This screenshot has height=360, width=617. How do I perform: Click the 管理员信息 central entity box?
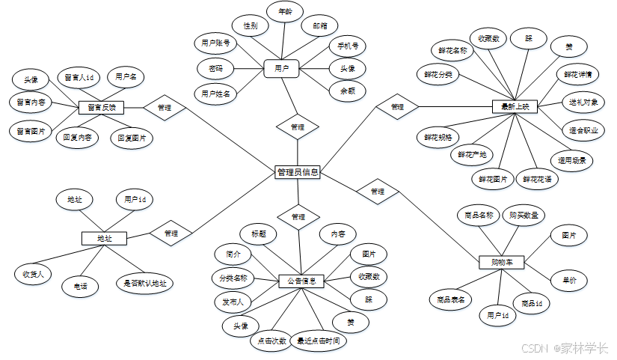[x=298, y=172]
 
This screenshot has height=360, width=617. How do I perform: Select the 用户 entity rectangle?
[x=281, y=68]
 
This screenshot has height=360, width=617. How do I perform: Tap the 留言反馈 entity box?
[x=100, y=107]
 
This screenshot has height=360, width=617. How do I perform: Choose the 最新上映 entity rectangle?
[x=515, y=107]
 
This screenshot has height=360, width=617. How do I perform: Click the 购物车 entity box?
[x=500, y=263]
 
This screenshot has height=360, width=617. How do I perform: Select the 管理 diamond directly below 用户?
[x=297, y=126]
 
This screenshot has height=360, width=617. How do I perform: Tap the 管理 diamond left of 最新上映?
[x=397, y=107]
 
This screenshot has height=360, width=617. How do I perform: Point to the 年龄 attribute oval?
[x=285, y=13]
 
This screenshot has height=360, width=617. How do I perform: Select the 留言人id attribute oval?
[x=79, y=77]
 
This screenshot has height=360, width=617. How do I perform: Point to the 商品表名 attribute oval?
[x=451, y=299]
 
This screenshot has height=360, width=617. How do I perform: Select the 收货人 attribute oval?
[x=34, y=274]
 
